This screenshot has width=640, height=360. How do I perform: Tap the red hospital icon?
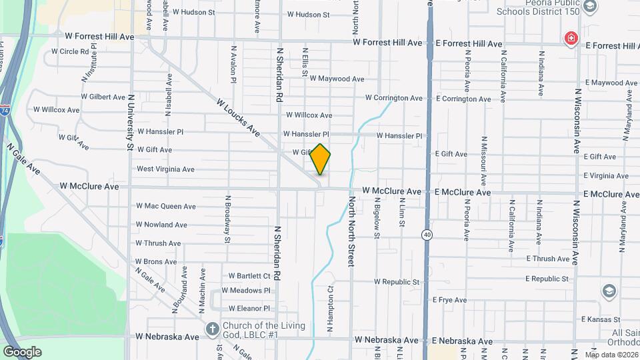click(x=571, y=39)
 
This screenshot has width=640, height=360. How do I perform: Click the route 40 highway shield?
click(x=425, y=235)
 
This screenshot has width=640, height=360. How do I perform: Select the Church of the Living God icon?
click(x=212, y=329)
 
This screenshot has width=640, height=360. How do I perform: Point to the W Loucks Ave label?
click(x=237, y=119)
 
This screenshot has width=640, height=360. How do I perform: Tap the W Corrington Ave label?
click(x=393, y=98)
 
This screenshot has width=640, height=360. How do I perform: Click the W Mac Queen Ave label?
click(x=166, y=206)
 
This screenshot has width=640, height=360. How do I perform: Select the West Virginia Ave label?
click(x=165, y=169)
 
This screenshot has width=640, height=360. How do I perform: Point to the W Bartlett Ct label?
click(x=249, y=275)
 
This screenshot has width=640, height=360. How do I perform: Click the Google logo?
click(x=22, y=352)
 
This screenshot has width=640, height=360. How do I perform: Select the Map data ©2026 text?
click(x=611, y=355)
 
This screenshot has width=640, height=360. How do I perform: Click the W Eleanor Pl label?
click(x=249, y=309)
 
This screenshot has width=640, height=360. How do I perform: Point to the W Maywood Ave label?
click(x=337, y=79)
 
